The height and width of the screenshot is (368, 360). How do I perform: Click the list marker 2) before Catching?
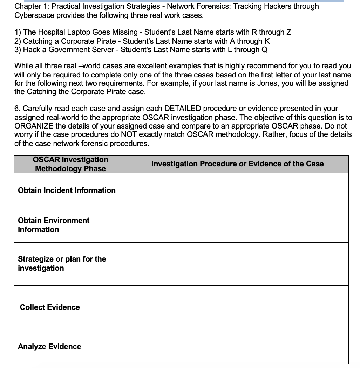pyautogui.click(x=18, y=41)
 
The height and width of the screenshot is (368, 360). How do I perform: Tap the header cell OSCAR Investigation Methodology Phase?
pyautogui.click(x=70, y=164)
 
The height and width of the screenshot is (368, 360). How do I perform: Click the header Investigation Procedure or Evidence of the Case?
pyautogui.click(x=237, y=164)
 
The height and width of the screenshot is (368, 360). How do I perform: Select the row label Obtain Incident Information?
pyautogui.click(x=67, y=190)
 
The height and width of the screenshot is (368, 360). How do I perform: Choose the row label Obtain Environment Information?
pyautogui.click(x=54, y=225)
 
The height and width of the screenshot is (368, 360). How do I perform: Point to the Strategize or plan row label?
pyautogui.click(x=62, y=263)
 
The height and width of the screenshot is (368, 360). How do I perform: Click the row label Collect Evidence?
pyautogui.click(x=50, y=307)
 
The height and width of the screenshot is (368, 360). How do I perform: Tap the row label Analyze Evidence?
pyautogui.click(x=49, y=346)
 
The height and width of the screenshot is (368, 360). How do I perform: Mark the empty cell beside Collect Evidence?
pyautogui.click(x=237, y=307)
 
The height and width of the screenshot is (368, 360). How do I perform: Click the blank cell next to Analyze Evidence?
pyautogui.click(x=237, y=346)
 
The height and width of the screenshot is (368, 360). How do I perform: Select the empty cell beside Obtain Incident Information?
pyautogui.click(x=237, y=190)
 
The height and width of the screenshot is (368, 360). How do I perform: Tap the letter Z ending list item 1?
pyautogui.click(x=288, y=32)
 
